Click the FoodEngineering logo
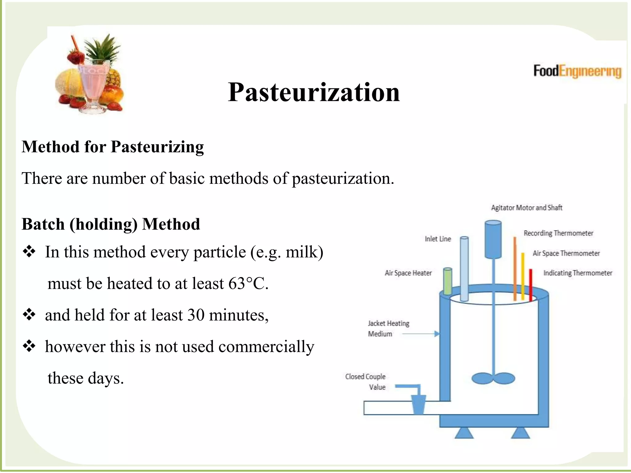tap(577, 71)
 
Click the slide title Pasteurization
tap(314, 92)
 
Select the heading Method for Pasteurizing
tap(113, 147)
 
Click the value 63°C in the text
tap(248, 283)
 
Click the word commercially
tap(266, 347)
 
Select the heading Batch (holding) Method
tap(111, 224)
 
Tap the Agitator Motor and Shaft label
tap(527, 208)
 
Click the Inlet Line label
tap(438, 239)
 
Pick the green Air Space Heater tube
tap(447, 281)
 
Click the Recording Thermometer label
tap(558, 233)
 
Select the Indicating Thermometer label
tap(578, 273)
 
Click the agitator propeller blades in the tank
tap(493, 378)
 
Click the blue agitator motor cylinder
tap(493, 240)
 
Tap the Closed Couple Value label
tap(366, 382)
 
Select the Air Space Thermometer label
tap(566, 253)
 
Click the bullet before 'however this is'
tap(29, 346)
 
